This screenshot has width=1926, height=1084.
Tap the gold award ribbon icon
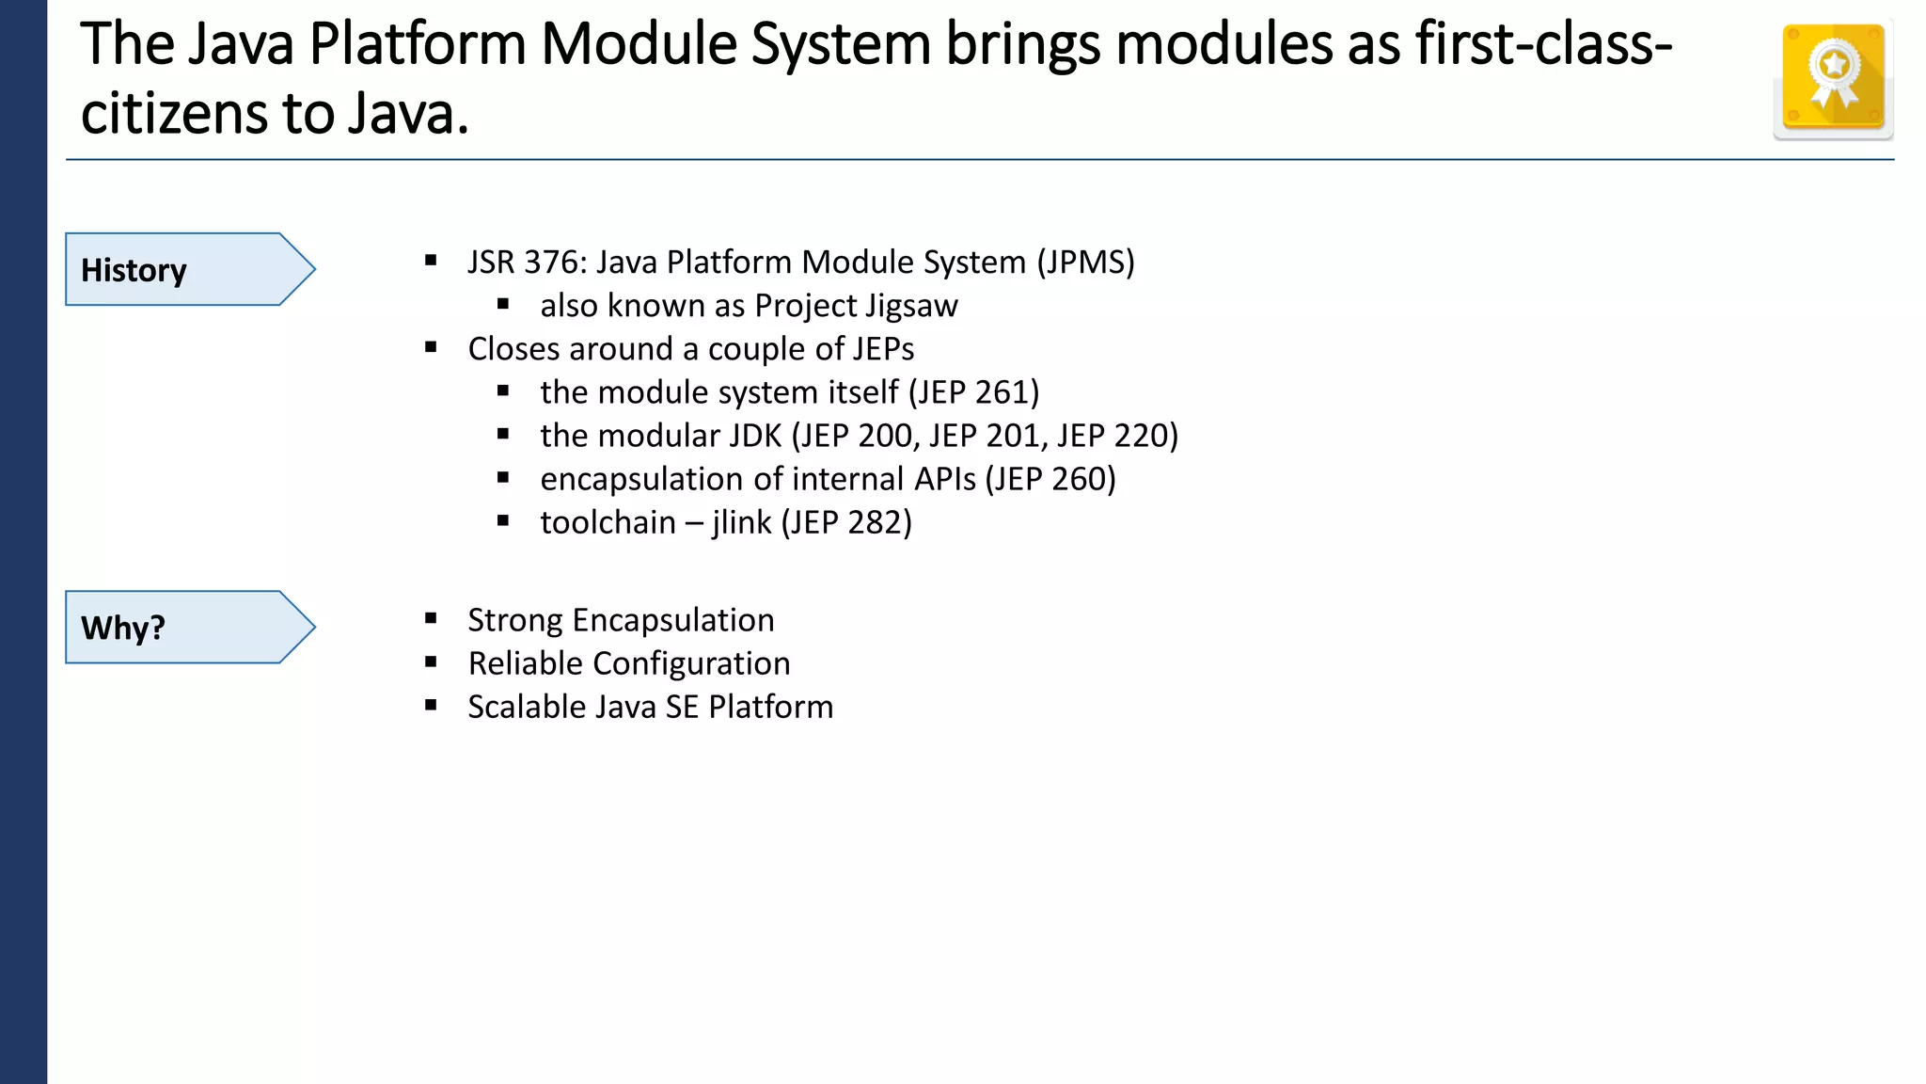1833,78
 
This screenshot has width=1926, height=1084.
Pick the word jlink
741,522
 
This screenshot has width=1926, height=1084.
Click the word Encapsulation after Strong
673,620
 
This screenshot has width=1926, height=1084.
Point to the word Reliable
525,663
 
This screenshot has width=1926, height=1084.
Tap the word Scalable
529,707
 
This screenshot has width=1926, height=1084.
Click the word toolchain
608,522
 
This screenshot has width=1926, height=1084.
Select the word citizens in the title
174,113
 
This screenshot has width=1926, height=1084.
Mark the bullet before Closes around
431,347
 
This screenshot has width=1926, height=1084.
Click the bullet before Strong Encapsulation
431,618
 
